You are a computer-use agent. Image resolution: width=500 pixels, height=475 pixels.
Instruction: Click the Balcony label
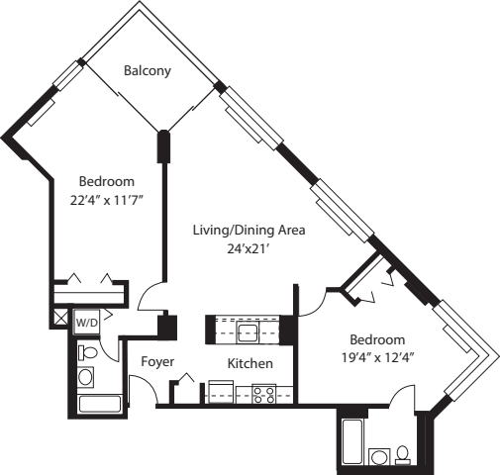pyautogui.click(x=148, y=71)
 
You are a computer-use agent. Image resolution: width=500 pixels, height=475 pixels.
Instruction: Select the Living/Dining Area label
pyautogui.click(x=249, y=231)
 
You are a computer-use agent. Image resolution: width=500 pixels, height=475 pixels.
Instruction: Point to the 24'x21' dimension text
pyautogui.click(x=248, y=249)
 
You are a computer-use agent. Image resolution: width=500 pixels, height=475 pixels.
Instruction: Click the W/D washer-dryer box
pyautogui.click(x=87, y=323)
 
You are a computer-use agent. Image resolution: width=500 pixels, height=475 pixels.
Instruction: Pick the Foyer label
pyautogui.click(x=157, y=362)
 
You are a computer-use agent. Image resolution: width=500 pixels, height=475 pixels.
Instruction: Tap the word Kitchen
pyautogui.click(x=250, y=363)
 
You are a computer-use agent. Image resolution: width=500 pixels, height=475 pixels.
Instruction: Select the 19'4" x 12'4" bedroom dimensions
pyautogui.click(x=375, y=356)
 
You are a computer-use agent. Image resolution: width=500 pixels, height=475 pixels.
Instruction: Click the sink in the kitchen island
pyautogui.click(x=249, y=330)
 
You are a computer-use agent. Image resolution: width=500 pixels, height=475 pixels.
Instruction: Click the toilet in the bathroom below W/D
pyautogui.click(x=87, y=352)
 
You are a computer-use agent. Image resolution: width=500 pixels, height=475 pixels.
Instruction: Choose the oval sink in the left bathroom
pyautogui.click(x=85, y=377)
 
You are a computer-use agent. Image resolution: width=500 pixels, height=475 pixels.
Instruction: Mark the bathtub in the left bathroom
pyautogui.click(x=99, y=404)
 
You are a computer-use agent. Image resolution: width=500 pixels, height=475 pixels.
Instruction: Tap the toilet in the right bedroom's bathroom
pyautogui.click(x=403, y=454)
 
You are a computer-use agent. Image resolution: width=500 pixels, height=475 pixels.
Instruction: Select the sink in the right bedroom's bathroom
pyautogui.click(x=378, y=456)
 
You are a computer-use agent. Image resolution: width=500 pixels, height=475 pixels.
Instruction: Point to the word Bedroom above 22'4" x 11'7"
pyautogui.click(x=106, y=182)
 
